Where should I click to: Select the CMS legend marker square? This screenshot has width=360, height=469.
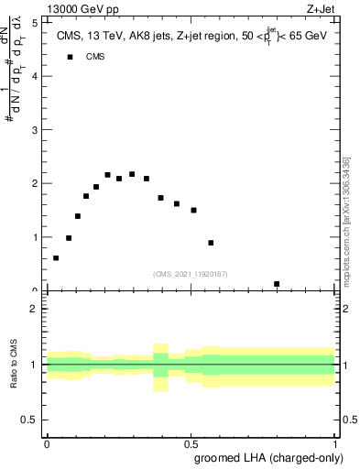70,57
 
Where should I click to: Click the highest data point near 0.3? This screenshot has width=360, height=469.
132,174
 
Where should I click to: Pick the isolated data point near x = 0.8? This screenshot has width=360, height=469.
277,284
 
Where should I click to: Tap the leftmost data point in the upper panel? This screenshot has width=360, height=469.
56,258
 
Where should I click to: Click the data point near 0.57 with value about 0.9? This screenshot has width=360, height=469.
211,243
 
